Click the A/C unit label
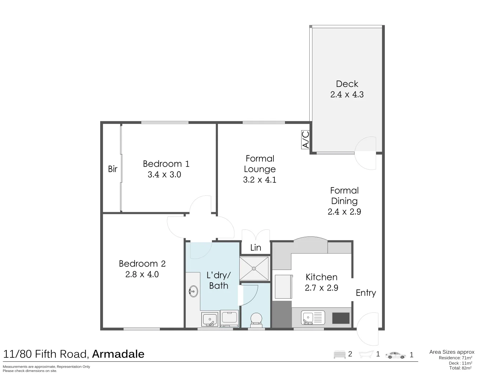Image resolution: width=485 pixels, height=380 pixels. (x=305, y=140)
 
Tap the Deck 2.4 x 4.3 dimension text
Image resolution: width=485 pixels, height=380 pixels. (x=347, y=95)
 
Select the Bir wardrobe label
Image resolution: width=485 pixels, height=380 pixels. (x=112, y=169)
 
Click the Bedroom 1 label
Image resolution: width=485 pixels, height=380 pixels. (x=166, y=164)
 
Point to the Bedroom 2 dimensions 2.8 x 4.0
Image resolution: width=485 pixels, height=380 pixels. (x=142, y=274)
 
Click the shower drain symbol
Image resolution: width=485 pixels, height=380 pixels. (x=254, y=268)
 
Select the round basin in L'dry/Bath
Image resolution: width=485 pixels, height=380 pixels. (x=193, y=291)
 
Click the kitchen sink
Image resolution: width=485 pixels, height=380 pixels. (x=313, y=317)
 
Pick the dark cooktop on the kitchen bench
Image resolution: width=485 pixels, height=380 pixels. (x=341, y=318)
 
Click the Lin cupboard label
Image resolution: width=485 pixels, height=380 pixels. (x=256, y=247)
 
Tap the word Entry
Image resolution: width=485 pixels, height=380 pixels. (x=366, y=293)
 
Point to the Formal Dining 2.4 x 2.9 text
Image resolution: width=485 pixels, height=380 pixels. (x=344, y=201)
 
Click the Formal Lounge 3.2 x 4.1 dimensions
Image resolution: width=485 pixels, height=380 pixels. (x=260, y=180)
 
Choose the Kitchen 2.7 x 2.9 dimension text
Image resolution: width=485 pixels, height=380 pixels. (x=321, y=288)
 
